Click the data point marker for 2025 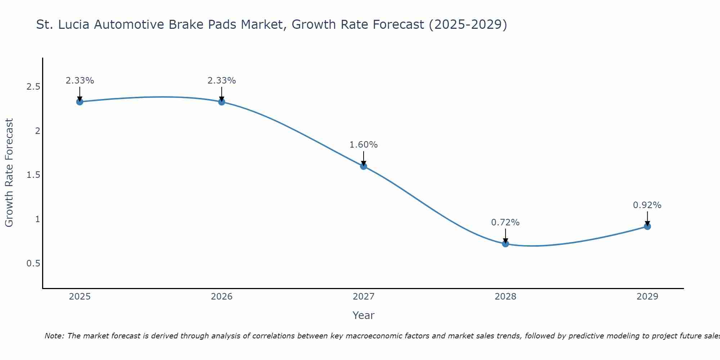(x=80, y=102)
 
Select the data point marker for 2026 (x=222, y=102)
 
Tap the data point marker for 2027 (x=364, y=166)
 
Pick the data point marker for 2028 (x=505, y=244)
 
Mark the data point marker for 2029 (x=647, y=226)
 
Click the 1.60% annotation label (x=364, y=145)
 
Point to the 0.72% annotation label (x=505, y=222)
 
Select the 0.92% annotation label (x=647, y=205)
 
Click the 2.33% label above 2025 (x=80, y=81)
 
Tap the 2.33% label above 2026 (x=222, y=81)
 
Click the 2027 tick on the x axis (x=364, y=297)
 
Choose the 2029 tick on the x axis (x=647, y=297)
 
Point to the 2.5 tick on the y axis (x=33, y=87)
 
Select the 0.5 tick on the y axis (x=33, y=264)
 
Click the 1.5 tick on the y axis (x=33, y=175)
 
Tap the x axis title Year (x=364, y=315)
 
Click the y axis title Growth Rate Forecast (x=9, y=173)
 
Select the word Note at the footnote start (x=54, y=336)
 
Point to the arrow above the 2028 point (x=505, y=236)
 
